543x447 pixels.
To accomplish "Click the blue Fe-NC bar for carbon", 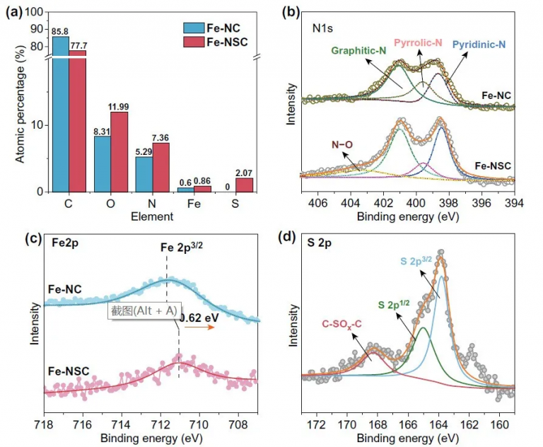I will (x=60, y=120).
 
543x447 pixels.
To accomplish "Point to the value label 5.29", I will (x=144, y=151).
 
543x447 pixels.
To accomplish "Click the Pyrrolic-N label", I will (x=417, y=43).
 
